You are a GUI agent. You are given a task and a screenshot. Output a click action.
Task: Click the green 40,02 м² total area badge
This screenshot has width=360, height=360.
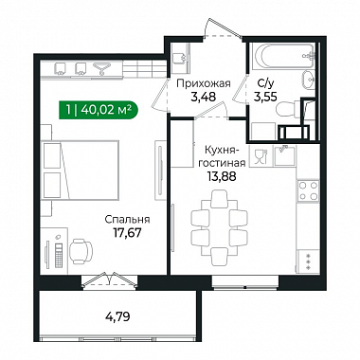99,110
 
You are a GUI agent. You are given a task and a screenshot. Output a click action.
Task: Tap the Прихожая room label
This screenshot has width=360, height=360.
204,83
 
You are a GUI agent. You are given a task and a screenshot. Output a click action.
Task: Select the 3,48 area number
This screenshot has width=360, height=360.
204,97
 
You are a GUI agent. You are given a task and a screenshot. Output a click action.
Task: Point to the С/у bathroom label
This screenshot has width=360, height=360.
264,83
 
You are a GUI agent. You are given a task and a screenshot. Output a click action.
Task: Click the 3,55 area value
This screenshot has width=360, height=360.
265,97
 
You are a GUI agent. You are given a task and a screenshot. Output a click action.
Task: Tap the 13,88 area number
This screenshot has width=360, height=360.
222,176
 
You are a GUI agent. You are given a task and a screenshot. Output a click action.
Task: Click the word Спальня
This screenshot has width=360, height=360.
127,220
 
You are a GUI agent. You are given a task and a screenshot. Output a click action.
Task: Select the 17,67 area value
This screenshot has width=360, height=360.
127,233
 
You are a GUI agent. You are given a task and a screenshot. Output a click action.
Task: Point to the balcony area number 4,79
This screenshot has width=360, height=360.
118,316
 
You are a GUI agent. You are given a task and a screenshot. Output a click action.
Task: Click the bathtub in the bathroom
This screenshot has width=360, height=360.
282,56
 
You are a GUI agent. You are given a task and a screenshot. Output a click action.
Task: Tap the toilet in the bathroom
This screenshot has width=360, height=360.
287,109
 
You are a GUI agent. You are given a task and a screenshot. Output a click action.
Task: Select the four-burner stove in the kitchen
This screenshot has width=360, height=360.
308,190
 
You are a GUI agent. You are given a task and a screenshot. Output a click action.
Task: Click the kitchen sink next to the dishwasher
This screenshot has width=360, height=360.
285,155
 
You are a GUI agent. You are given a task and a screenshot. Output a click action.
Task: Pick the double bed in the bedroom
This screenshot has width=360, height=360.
81,170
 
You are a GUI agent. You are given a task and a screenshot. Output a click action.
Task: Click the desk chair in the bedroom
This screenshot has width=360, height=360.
81,251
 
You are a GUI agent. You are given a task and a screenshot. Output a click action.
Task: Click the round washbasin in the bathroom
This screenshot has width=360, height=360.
308,81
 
